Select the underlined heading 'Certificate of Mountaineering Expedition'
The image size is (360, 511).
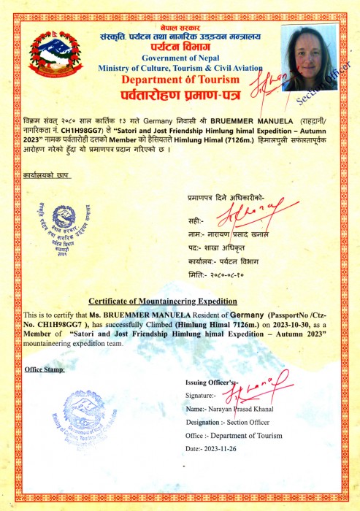click(x=163, y=301)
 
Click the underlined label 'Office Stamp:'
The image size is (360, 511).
click(x=44, y=369)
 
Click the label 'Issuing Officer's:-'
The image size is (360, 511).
click(x=212, y=382)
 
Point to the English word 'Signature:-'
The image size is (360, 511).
click(x=204, y=395)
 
